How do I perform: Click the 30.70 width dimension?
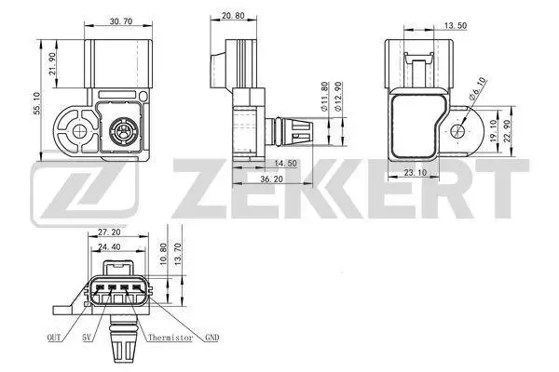121,21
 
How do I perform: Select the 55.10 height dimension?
37,103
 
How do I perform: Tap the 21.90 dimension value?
53,64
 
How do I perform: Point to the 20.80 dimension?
233,15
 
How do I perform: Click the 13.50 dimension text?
456,26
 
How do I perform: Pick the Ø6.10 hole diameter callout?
477,88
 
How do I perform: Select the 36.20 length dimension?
271,179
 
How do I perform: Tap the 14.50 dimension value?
286,163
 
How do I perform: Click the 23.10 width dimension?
416,173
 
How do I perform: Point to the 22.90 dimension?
507,131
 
